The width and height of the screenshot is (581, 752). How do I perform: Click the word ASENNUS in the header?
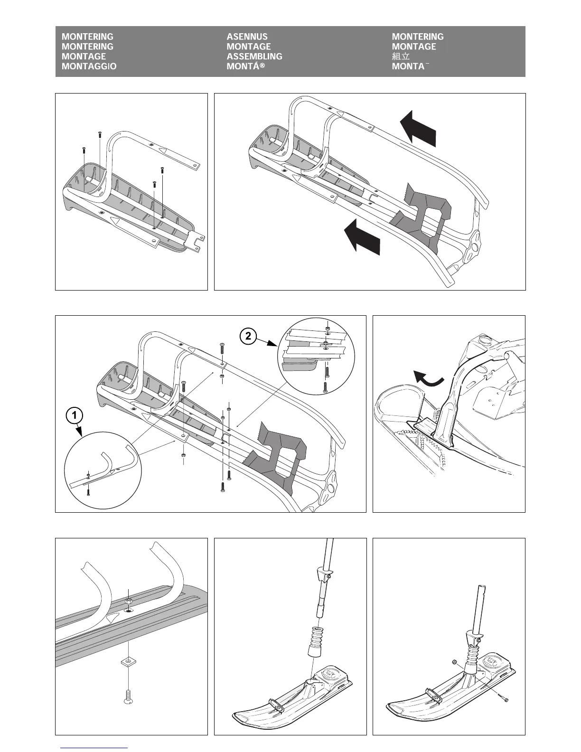247,37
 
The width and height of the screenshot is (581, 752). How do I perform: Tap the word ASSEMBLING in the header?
254,56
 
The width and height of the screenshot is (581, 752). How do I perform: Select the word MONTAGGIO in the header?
89,66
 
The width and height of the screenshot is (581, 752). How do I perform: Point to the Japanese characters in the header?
401,56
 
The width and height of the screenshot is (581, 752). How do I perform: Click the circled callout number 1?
75,416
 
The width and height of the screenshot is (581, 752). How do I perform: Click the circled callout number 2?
248,337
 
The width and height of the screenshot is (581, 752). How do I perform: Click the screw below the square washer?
128,696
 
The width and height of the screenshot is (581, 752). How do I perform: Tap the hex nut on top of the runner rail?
128,602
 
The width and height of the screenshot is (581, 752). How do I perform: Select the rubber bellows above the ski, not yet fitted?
314,641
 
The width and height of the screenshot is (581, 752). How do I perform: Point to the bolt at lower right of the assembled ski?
505,699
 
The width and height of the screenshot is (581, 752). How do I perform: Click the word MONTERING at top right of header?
418,37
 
